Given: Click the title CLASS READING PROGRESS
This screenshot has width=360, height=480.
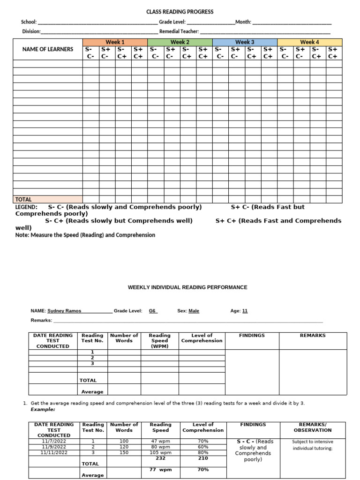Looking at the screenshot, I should tap(180, 12).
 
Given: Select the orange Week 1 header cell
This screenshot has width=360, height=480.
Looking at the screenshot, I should tap(115, 42).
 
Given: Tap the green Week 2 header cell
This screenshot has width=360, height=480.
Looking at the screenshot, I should tap(180, 42).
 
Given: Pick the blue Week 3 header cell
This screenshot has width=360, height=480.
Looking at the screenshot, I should tap(245, 42).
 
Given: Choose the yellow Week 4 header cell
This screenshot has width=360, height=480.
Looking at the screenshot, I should tap(309, 42).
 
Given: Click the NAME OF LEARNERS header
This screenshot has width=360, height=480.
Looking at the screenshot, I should tap(48, 49).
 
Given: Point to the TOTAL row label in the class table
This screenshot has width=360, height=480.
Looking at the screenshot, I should tap(23, 199).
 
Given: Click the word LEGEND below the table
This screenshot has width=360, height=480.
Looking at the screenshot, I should tap(26, 207).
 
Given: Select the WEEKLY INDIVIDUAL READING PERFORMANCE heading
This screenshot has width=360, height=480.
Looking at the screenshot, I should tap(187, 287).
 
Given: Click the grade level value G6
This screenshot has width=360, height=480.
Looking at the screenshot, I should tap(152, 311).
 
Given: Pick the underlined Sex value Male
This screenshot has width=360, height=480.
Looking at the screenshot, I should tap(194, 311).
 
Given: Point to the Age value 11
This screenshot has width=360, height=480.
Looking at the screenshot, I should tap(245, 311).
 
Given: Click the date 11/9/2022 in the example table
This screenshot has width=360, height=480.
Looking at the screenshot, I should tap(54, 447).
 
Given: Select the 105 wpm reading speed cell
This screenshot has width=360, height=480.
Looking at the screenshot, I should tap(160, 452).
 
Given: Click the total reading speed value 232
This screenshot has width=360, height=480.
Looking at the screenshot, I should tap(160, 458).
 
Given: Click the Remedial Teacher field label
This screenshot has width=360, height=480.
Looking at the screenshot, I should tap(179, 31).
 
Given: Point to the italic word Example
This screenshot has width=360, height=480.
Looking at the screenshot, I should tap(43, 409).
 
